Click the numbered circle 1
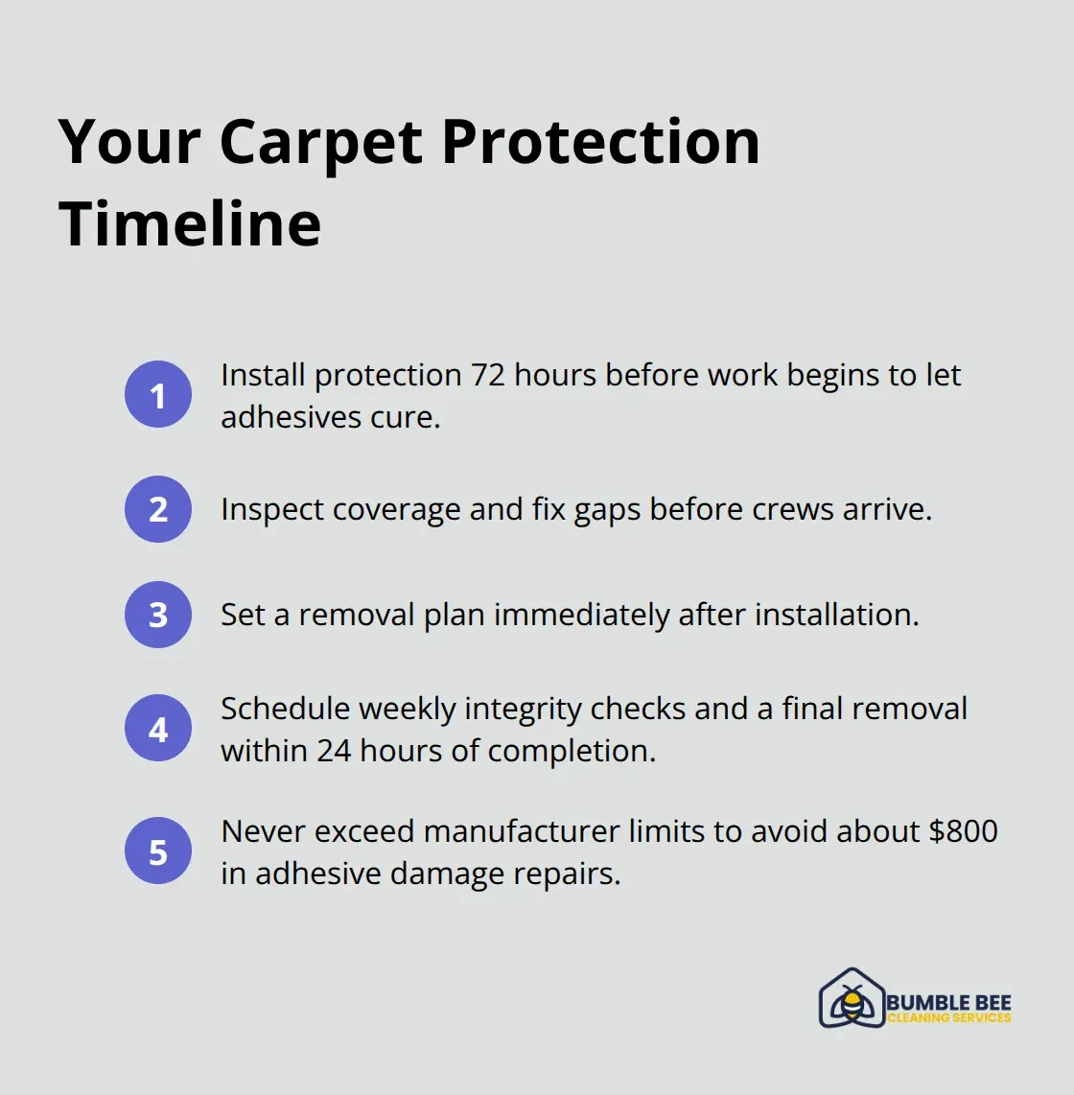click(158, 394)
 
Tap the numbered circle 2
click(158, 509)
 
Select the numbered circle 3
click(158, 615)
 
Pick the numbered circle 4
click(158, 729)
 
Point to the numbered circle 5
click(158, 851)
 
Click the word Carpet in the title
click(320, 142)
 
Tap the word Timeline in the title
click(190, 223)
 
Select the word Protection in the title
click(600, 142)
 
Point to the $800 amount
click(963, 831)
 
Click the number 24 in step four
click(334, 751)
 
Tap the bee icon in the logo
click(851, 999)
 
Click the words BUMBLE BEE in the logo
click(948, 1002)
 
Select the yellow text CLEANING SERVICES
click(948, 1018)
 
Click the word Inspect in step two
click(271, 510)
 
